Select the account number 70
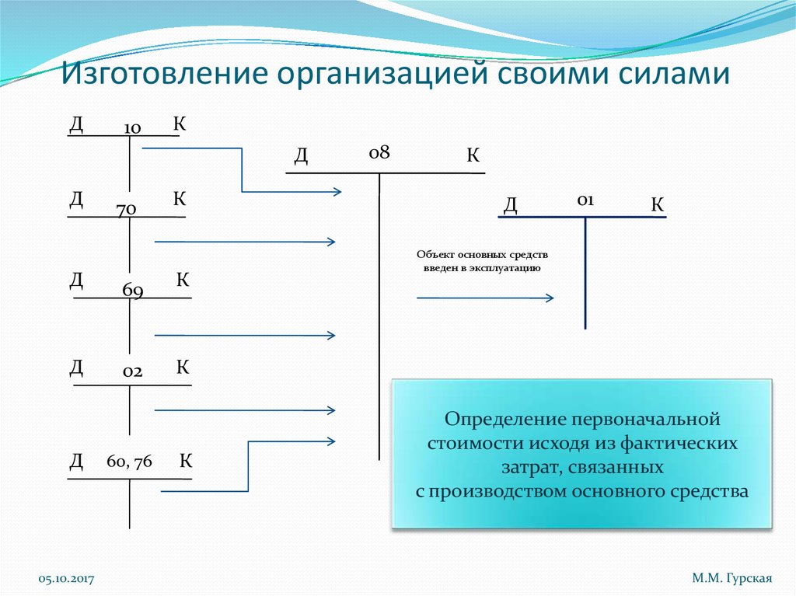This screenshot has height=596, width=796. pos(127,209)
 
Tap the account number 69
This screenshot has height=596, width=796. pos(132,291)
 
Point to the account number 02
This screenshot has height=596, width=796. pos(132,372)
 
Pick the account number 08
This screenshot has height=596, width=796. pos(379,153)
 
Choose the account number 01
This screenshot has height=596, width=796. pos(585,200)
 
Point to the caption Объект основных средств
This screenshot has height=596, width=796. pos(482,255)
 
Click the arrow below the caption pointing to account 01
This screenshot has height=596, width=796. pos(485,298)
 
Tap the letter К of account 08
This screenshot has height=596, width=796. pos(473,156)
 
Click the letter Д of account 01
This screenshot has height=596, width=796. pos(511,205)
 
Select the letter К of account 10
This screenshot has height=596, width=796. pos(179,124)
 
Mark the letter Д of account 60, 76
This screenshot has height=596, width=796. pos(76,462)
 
